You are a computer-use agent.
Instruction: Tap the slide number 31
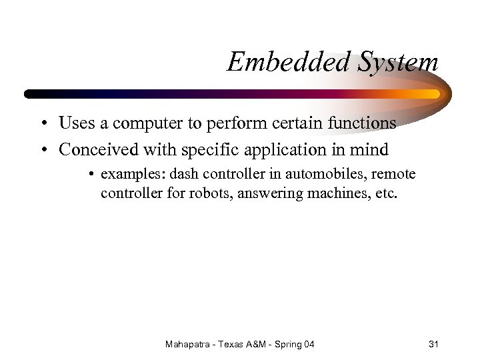point(433,344)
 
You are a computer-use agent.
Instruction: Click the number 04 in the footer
point(308,344)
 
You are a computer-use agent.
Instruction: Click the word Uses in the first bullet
point(75,123)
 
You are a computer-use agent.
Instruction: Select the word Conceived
point(97,150)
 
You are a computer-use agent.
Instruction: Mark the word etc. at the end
point(385,193)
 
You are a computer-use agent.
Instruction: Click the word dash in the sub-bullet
point(183,175)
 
